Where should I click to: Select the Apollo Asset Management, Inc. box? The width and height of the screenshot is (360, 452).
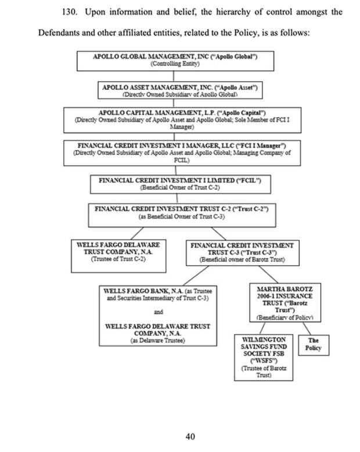tap(179, 89)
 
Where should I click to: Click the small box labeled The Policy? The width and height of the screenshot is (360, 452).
tap(313, 345)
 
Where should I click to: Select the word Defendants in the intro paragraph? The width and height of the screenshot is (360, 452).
tap(60, 32)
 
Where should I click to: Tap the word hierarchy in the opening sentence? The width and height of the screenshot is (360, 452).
tap(232, 12)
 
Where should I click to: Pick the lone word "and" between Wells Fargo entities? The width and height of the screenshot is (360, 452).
tap(159, 312)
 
